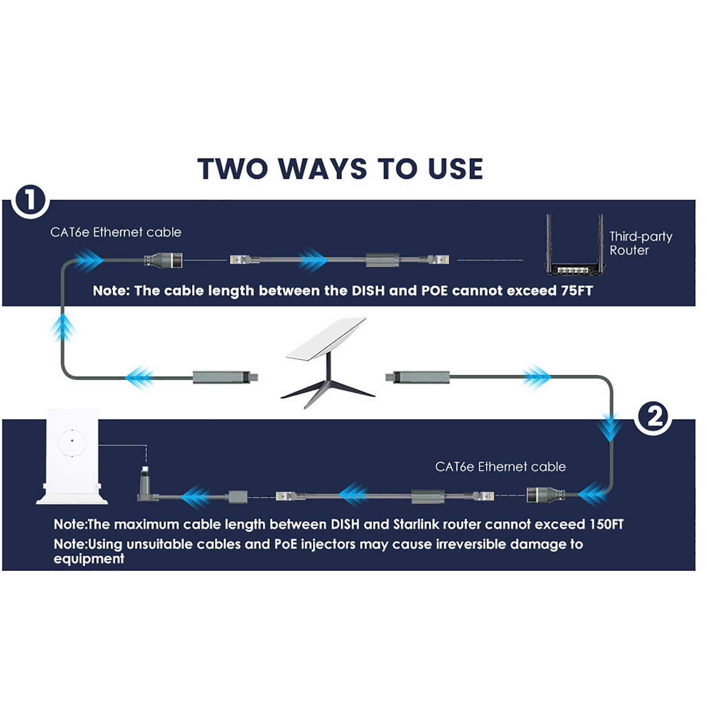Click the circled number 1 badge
(30, 201)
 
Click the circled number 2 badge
(654, 417)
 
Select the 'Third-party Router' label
(640, 243)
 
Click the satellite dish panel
(326, 338)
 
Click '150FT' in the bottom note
(606, 525)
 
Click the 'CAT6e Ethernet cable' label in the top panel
(116, 232)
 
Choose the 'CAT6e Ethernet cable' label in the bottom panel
(500, 467)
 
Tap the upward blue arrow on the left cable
(63, 327)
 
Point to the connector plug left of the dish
(225, 377)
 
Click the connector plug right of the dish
(418, 377)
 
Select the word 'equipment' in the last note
(89, 559)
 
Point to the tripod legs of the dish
(328, 389)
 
